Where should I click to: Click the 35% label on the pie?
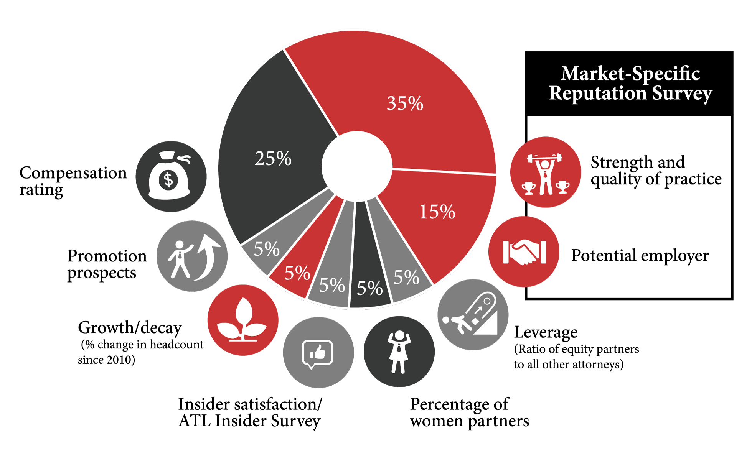[x=405, y=103]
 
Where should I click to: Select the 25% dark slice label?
[x=273, y=158]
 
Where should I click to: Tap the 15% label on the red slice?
[x=437, y=212]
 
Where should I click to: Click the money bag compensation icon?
[x=171, y=177]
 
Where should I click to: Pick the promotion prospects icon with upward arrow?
[x=192, y=256]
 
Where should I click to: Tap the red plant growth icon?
[x=242, y=320]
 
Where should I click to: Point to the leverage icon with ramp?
[x=473, y=315]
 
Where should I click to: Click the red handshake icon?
[x=524, y=252]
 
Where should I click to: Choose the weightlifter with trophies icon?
[x=545, y=172]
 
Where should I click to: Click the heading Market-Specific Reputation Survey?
[x=630, y=83]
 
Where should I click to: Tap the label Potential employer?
[x=640, y=256]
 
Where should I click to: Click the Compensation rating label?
[x=73, y=181]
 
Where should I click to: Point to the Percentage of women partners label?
[x=469, y=412]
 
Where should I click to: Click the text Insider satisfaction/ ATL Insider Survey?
[x=250, y=412]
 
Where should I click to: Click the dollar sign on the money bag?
[x=168, y=180]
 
